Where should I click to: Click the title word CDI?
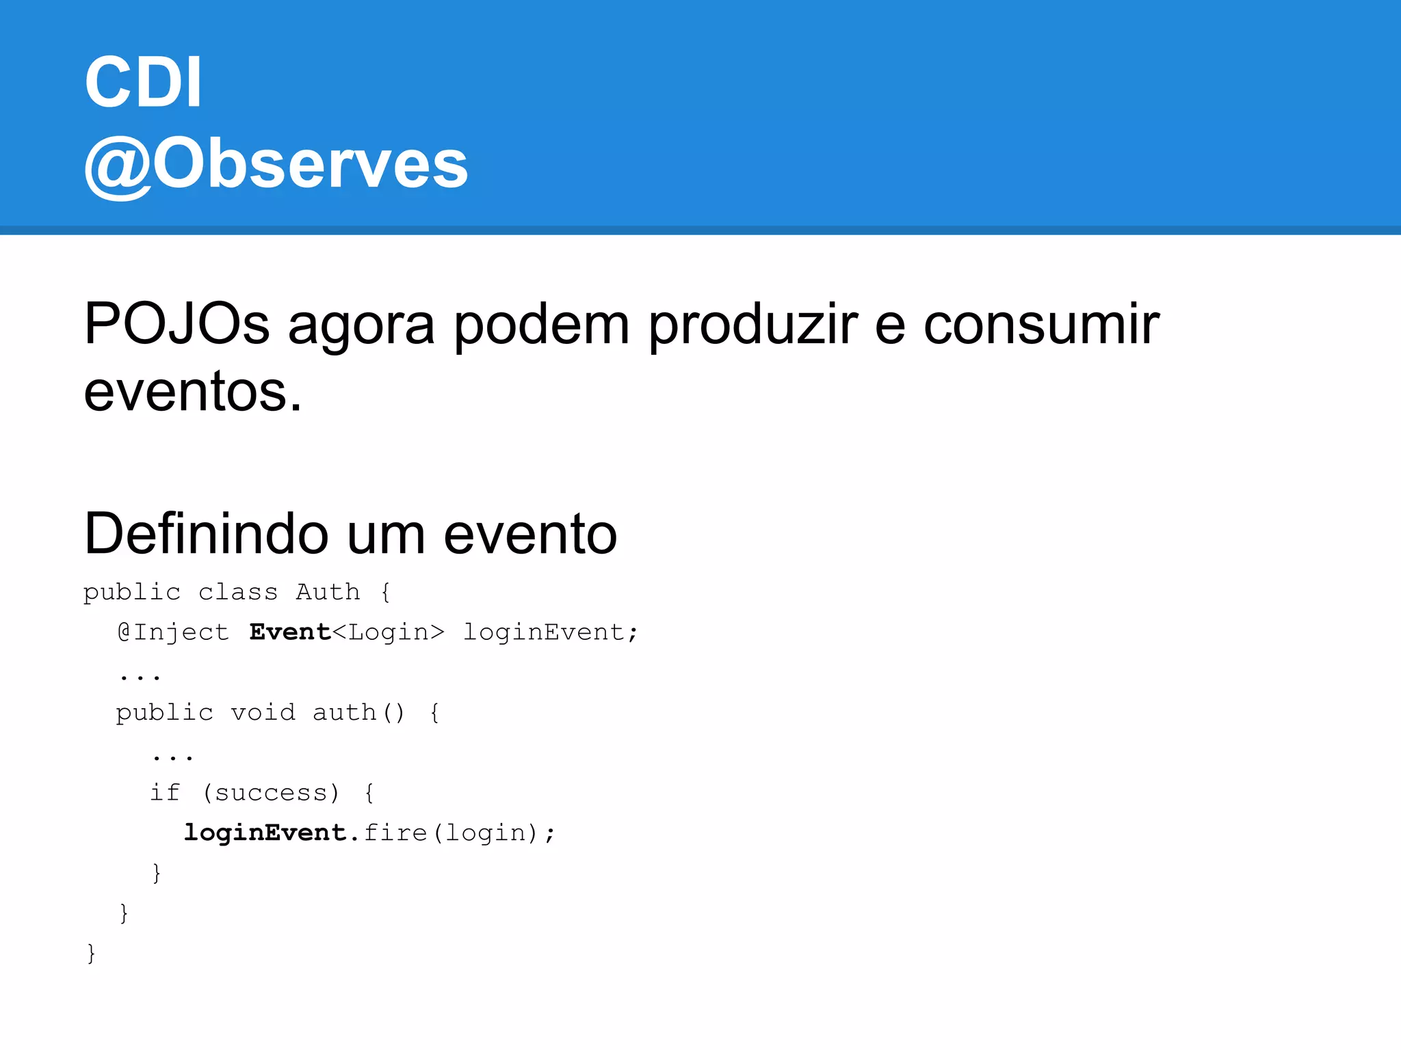pyautogui.click(x=143, y=82)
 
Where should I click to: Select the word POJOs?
pyautogui.click(x=176, y=323)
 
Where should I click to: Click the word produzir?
pyautogui.click(x=752, y=323)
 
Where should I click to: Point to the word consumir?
pyautogui.click(x=1041, y=323)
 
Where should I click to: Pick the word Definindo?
pyautogui.click(x=206, y=534)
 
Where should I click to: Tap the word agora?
pyautogui.click(x=361, y=325)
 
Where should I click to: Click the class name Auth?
pyautogui.click(x=328, y=591)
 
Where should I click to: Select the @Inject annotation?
pyautogui.click(x=173, y=632)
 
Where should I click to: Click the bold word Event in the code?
pyautogui.click(x=290, y=632)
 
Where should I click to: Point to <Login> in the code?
pyautogui.click(x=389, y=632)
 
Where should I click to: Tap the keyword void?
pyautogui.click(x=263, y=712)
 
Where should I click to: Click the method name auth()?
pyautogui.click(x=358, y=712)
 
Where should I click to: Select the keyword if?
pyautogui.click(x=165, y=792)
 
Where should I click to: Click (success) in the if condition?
pyautogui.click(x=271, y=792)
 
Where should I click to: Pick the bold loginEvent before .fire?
pyautogui.click(x=265, y=833)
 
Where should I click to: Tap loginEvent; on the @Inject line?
pyautogui.click(x=551, y=632)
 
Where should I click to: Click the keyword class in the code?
pyautogui.click(x=238, y=591)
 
